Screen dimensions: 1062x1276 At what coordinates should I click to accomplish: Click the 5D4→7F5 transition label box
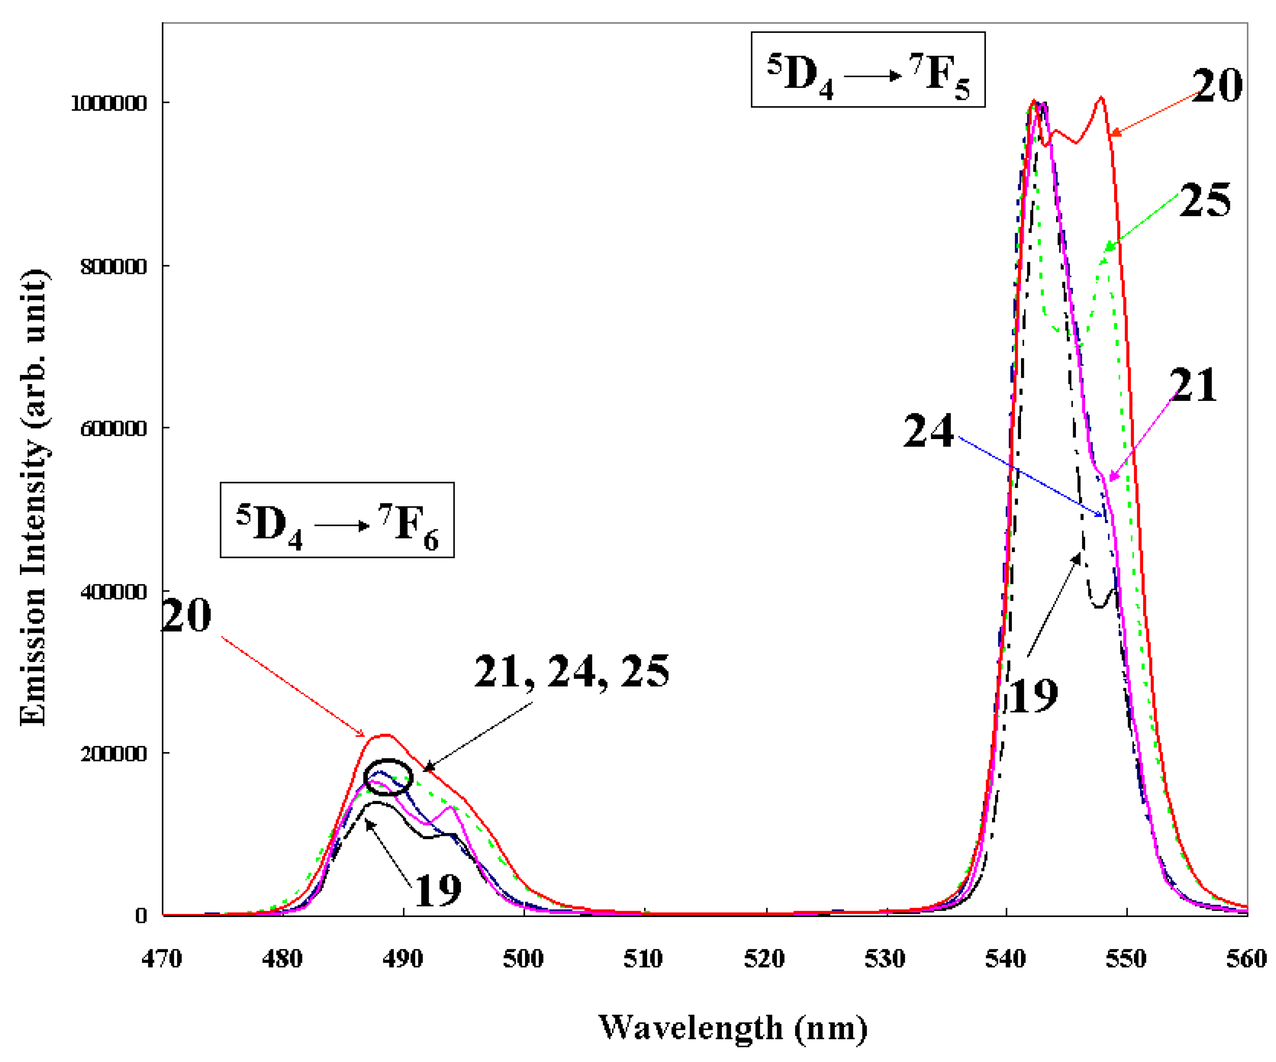tap(867, 70)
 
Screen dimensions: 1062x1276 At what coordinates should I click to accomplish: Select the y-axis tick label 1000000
tap(109, 103)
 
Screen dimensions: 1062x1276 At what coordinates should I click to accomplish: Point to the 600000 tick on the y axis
tap(114, 429)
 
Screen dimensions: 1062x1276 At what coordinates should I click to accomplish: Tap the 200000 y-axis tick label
tap(114, 754)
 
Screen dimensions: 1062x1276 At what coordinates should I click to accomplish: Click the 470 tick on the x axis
tap(161, 959)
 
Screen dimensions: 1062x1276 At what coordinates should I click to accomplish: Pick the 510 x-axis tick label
tap(643, 959)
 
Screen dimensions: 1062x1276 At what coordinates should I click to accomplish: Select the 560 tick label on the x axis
tap(1246, 959)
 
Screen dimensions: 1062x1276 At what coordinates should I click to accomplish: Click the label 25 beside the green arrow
tap(1204, 201)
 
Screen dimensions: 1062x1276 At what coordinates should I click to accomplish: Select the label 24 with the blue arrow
tap(928, 431)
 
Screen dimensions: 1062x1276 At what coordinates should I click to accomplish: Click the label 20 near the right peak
tap(1216, 86)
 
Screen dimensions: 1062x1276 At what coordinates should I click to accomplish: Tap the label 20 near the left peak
tap(187, 616)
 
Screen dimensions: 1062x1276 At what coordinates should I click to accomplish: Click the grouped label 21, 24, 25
tap(571, 672)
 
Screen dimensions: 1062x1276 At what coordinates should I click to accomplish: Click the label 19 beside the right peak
tap(1033, 696)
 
